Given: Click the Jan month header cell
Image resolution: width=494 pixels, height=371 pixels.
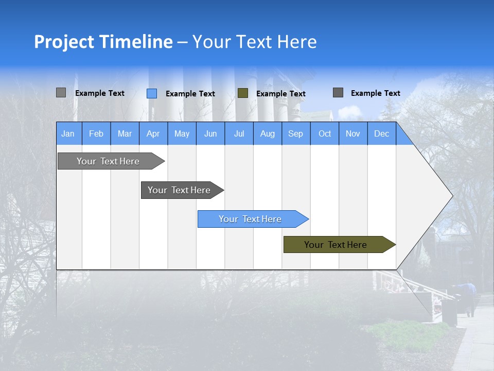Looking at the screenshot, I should click(68, 134).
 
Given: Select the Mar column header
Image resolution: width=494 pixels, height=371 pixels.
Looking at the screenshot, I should click(125, 134).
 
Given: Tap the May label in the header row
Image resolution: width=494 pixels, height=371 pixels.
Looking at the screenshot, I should click(182, 134).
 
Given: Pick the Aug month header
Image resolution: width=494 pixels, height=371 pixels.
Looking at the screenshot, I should click(267, 134).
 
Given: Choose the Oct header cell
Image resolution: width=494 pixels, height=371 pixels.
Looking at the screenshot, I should click(325, 134).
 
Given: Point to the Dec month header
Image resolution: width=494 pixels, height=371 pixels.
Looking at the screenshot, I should click(381, 134).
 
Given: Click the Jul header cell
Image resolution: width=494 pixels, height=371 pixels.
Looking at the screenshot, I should click(239, 134).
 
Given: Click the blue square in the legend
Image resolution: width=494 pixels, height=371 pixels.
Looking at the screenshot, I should click(152, 93).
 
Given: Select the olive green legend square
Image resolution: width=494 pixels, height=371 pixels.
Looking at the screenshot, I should click(243, 93).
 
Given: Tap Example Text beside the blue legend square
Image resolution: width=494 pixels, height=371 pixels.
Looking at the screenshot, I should click(190, 94).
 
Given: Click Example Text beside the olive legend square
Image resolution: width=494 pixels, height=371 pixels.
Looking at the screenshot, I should click(281, 94).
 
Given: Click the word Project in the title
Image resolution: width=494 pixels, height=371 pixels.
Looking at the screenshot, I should click(64, 42).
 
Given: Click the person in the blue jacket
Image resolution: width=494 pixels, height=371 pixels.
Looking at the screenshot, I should click(470, 298).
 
